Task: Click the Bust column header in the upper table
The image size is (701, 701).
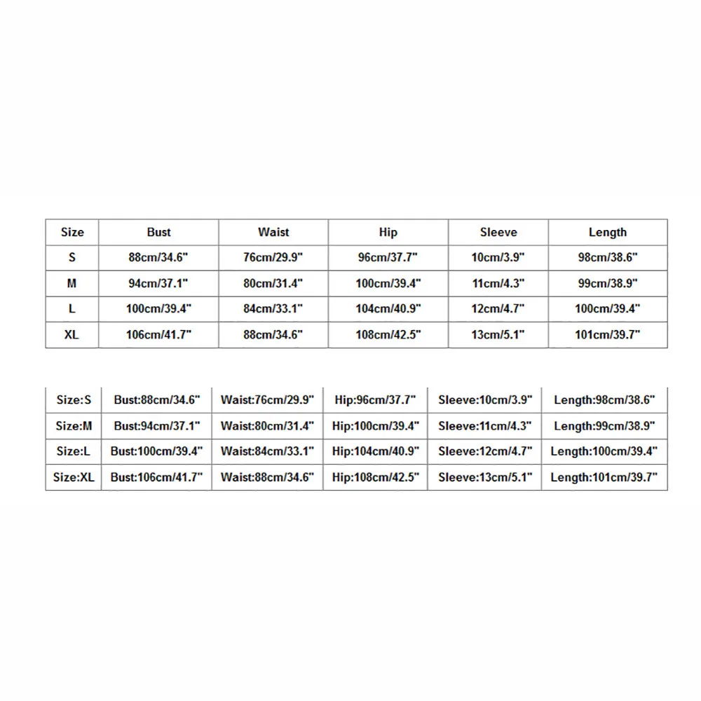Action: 158,232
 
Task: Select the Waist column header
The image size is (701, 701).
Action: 273,232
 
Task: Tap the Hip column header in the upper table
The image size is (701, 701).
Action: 388,232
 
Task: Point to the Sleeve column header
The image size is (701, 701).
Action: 498,232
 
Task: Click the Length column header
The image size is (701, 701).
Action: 608,232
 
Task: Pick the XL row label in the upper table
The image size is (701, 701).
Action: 72,334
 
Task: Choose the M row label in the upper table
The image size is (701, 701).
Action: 72,283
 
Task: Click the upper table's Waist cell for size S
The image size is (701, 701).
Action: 273,257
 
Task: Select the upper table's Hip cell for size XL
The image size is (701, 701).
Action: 388,334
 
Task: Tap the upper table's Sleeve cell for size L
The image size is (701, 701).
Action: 498,308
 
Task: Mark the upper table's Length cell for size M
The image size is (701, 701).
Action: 608,283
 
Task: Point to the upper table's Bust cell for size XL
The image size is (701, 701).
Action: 158,334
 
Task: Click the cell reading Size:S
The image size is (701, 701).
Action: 74,400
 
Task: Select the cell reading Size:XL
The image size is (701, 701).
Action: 74,477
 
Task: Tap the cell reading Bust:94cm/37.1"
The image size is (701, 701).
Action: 157,426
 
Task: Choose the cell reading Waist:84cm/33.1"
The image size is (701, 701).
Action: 267,451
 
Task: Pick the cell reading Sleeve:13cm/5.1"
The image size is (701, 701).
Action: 485,477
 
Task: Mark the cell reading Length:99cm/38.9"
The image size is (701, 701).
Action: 604,426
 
